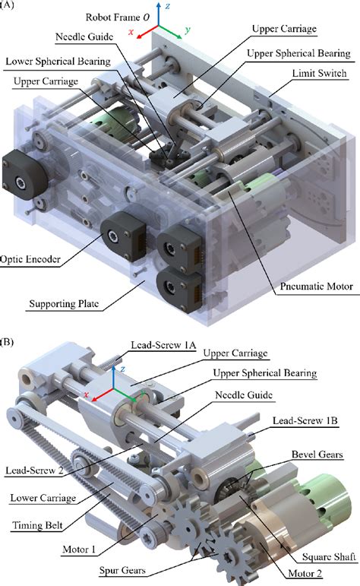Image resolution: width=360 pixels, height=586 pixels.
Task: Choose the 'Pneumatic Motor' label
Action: tap(313, 290)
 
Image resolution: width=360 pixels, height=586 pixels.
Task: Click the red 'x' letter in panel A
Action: tap(131, 33)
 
